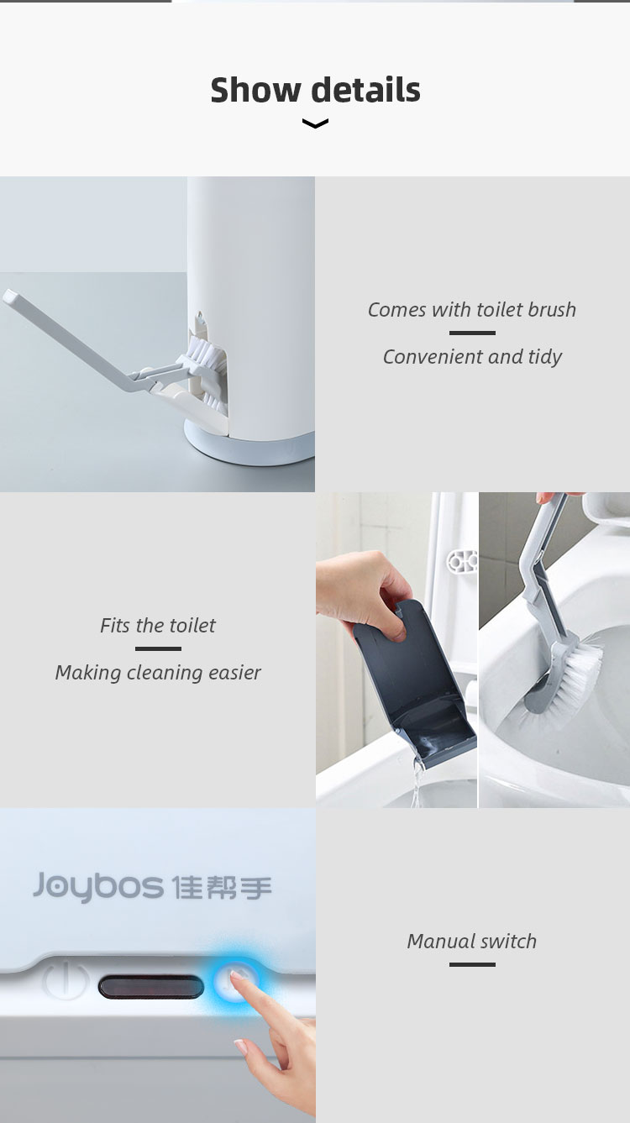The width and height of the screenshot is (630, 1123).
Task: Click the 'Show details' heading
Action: (315, 90)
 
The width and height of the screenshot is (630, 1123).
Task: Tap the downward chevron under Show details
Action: (315, 123)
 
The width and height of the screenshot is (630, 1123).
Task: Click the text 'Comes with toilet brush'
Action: (472, 310)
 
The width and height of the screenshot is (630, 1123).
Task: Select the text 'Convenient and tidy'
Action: (472, 357)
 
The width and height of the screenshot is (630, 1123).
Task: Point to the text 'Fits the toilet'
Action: (158, 625)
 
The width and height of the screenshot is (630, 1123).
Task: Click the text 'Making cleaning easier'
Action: (158, 673)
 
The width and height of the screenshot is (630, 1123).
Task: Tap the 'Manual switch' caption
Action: (472, 941)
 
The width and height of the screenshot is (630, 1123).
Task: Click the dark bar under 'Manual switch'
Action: (472, 964)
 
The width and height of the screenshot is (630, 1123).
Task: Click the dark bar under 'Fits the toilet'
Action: (158, 648)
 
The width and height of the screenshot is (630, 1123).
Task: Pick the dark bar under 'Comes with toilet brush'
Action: (472, 333)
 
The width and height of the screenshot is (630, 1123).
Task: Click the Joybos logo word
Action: (98, 886)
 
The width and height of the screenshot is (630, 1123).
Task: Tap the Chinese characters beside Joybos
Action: (222, 887)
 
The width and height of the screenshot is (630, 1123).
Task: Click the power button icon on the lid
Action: (66, 979)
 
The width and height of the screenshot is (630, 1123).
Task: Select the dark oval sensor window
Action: (151, 986)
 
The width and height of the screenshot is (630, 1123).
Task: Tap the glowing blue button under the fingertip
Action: (235, 981)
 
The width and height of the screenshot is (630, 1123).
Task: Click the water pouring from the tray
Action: (417, 783)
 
